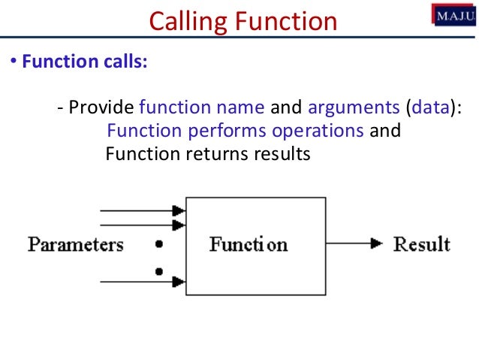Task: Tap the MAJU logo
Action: (x=453, y=14)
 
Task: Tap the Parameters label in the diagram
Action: (x=76, y=244)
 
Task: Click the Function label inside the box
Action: (x=248, y=244)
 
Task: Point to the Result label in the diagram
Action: (x=422, y=244)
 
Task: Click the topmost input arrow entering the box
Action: (x=143, y=210)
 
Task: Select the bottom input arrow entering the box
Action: (x=143, y=282)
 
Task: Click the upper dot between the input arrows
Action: (x=158, y=244)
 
